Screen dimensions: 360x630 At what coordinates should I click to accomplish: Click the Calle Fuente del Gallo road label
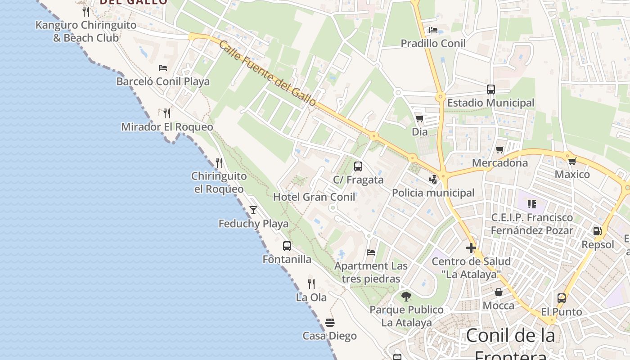tap(268, 73)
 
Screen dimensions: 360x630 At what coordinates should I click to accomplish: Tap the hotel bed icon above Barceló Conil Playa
tap(163, 68)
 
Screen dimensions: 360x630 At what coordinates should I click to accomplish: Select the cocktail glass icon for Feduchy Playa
tap(253, 210)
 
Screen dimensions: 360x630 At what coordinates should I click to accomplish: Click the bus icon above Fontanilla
tap(287, 246)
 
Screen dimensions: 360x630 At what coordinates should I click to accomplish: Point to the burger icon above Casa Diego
tap(330, 322)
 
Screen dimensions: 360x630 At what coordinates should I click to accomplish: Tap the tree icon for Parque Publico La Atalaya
tap(406, 296)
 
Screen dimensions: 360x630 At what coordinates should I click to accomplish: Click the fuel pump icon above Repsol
tap(597, 231)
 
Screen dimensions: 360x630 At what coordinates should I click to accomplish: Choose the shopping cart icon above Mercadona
tap(499, 149)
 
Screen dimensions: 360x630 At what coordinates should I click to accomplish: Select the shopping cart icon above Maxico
tap(572, 161)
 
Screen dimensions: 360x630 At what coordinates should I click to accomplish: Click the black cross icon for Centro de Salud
tap(471, 248)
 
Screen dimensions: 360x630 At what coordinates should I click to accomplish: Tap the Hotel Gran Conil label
tap(314, 197)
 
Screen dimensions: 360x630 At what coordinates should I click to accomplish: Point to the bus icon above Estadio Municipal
tap(490, 89)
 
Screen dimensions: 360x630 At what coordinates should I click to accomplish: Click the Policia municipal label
tap(433, 193)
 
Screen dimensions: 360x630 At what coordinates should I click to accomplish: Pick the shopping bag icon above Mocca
tap(499, 292)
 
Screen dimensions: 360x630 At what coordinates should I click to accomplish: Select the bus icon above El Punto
tap(561, 298)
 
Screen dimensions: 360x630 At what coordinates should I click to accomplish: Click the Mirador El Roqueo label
tap(167, 127)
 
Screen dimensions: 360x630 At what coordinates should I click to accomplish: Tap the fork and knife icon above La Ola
tap(311, 283)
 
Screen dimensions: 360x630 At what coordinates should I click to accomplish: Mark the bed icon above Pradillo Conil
tap(433, 30)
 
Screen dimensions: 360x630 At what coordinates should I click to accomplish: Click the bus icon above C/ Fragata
tap(358, 166)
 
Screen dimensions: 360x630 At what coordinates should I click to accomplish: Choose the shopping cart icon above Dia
tap(419, 118)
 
